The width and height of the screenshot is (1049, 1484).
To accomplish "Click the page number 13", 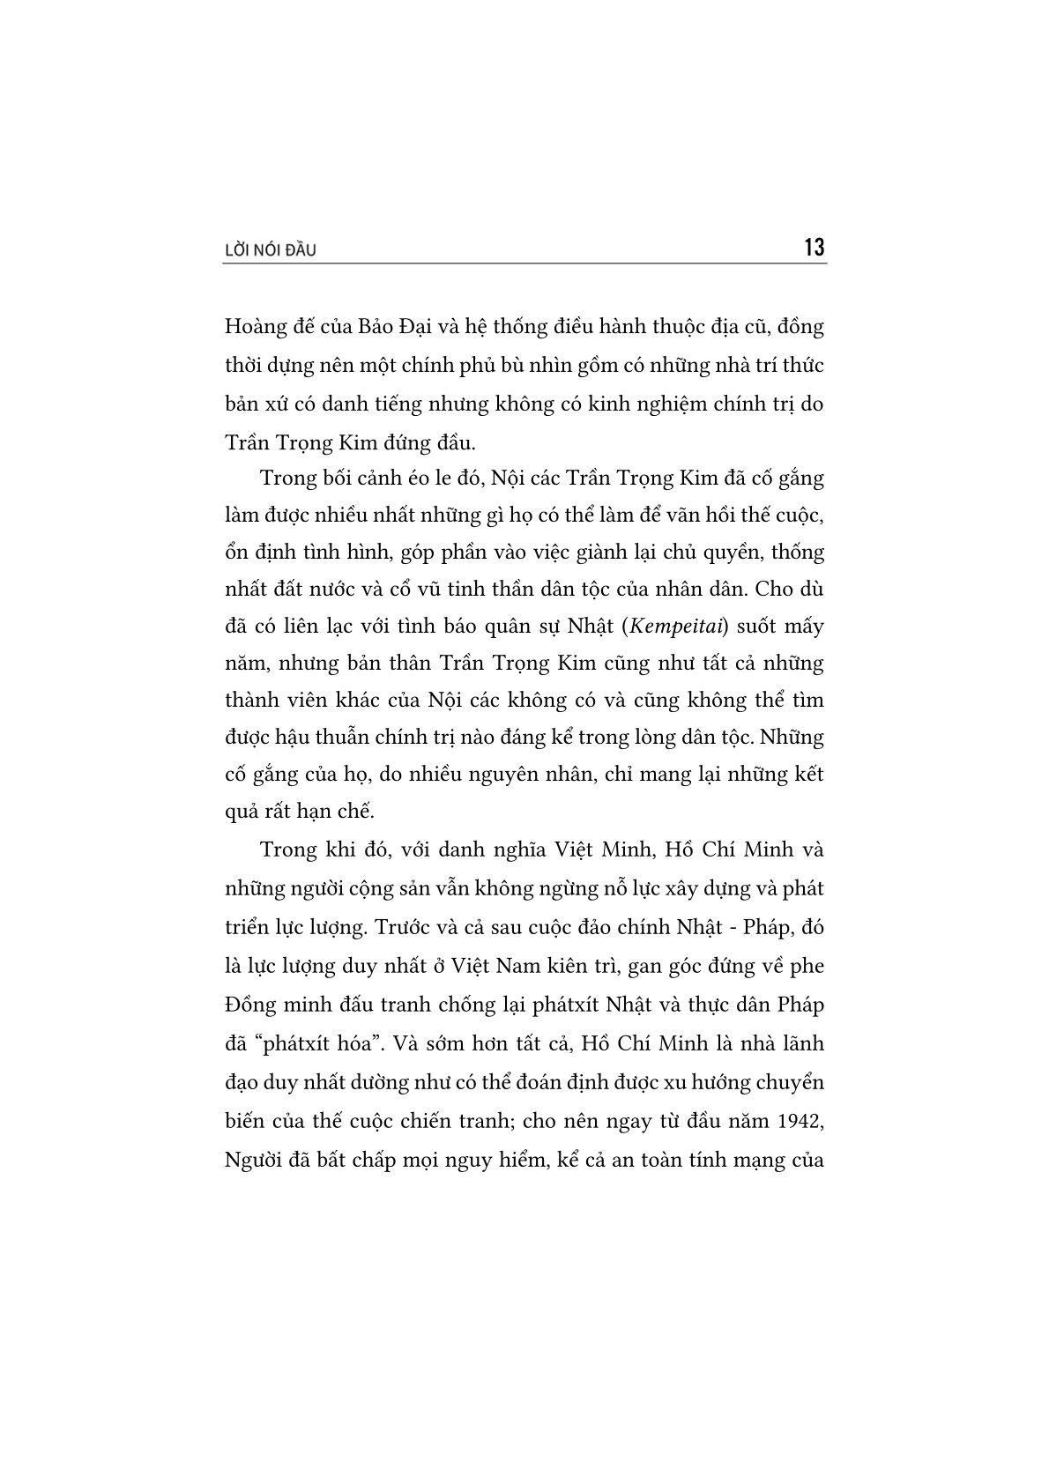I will click(814, 248).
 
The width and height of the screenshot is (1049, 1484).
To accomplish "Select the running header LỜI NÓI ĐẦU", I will click(271, 251).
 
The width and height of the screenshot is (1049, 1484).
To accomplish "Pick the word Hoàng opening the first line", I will click(252, 326).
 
